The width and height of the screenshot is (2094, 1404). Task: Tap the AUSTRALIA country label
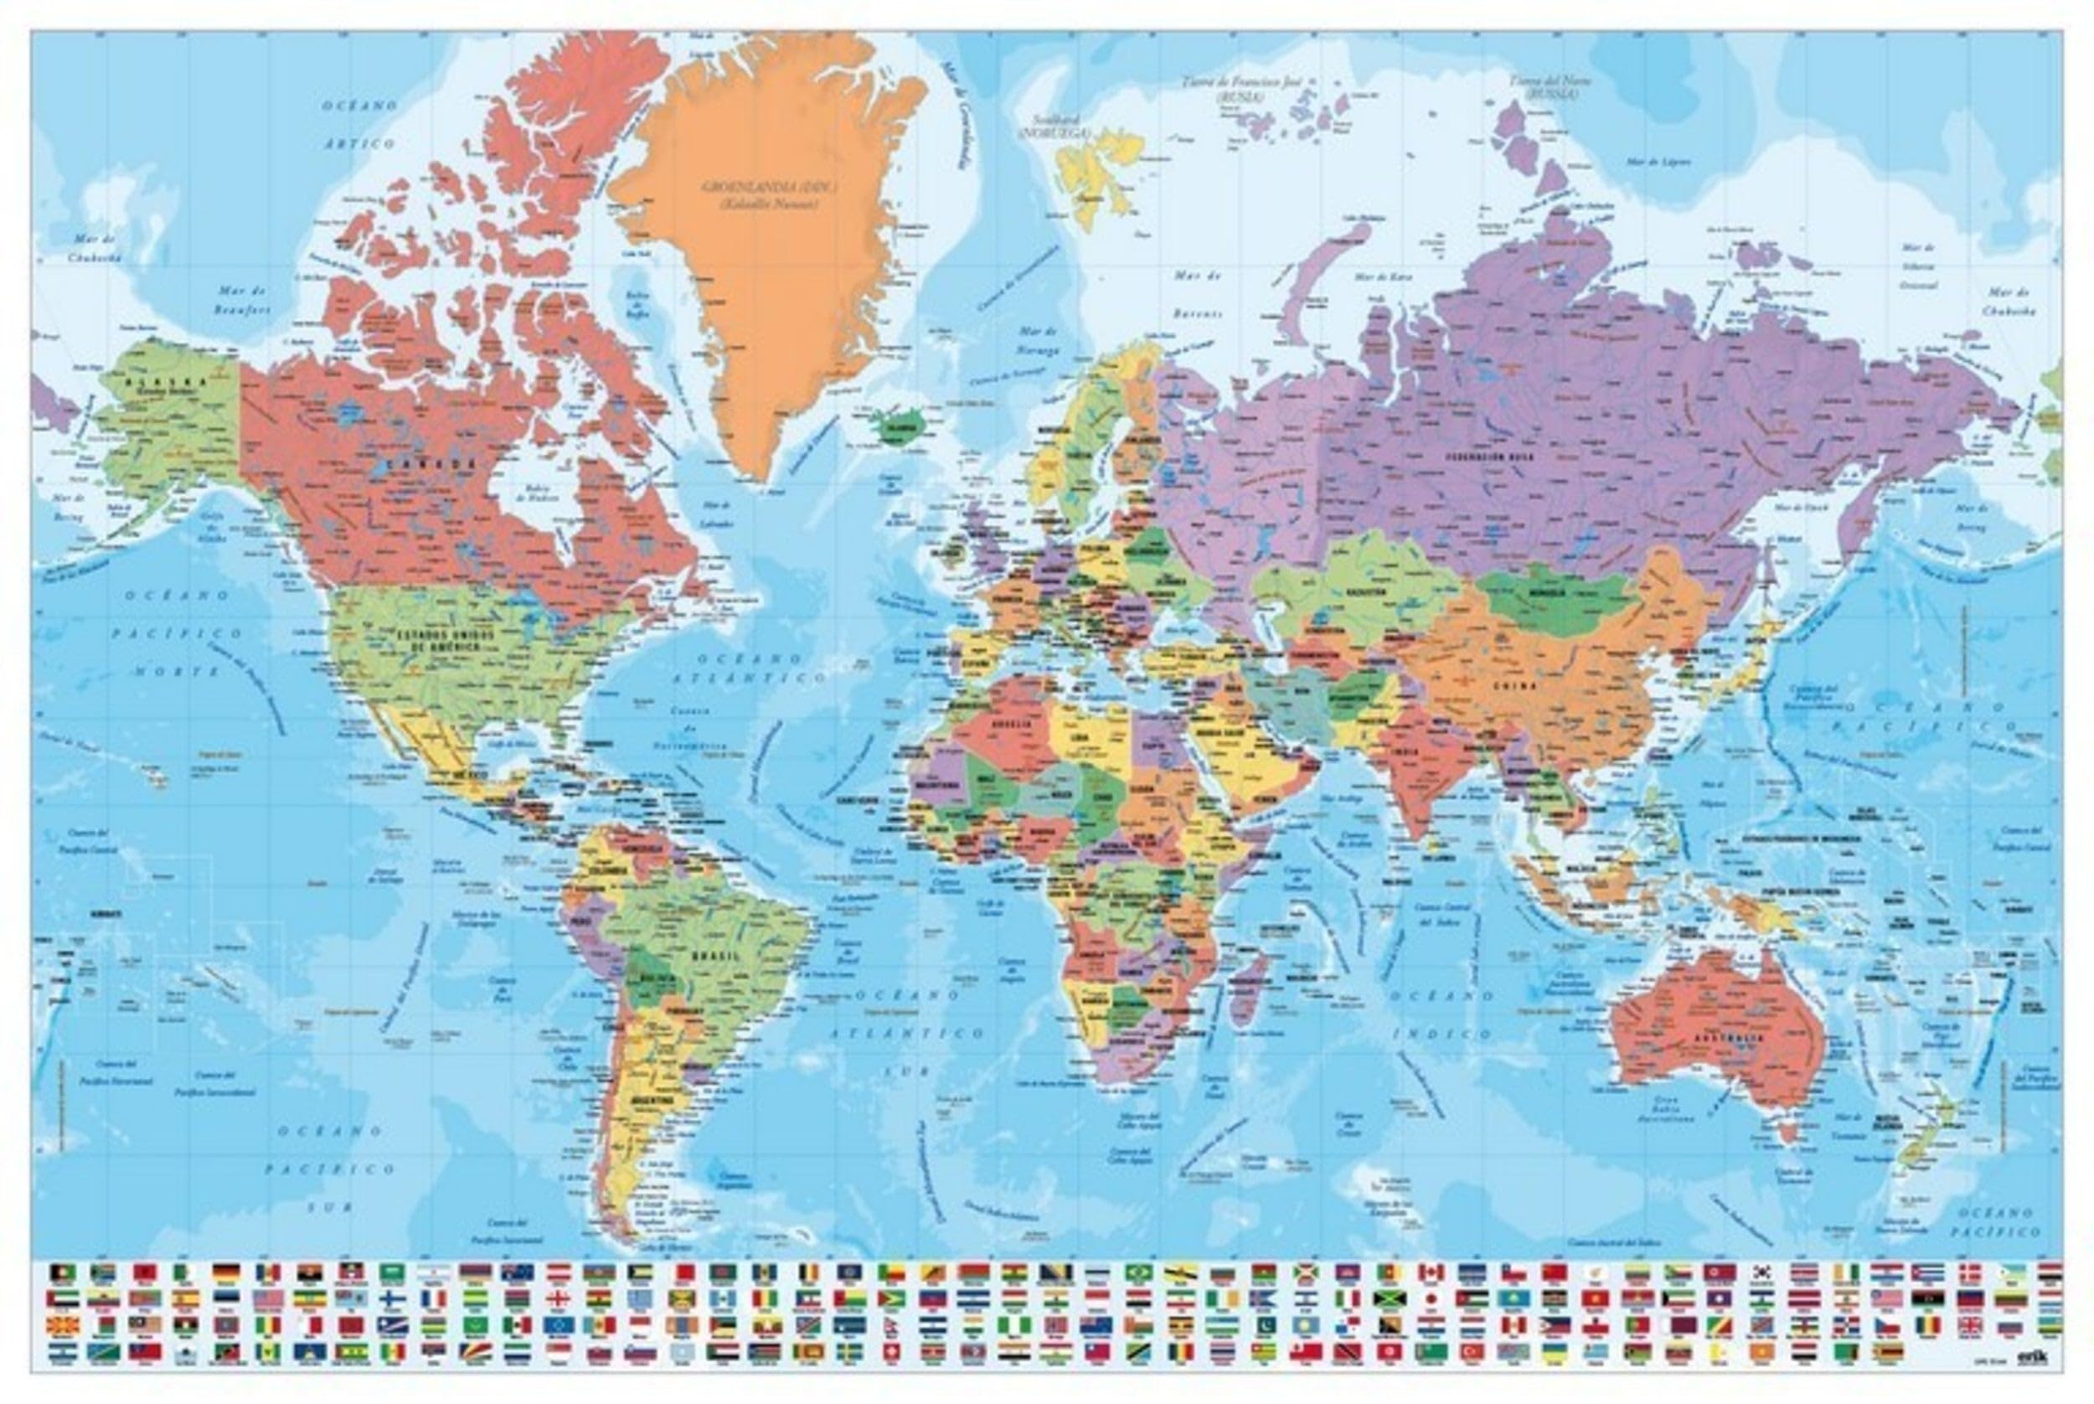click(1728, 1039)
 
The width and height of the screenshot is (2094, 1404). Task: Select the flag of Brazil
click(1139, 1272)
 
